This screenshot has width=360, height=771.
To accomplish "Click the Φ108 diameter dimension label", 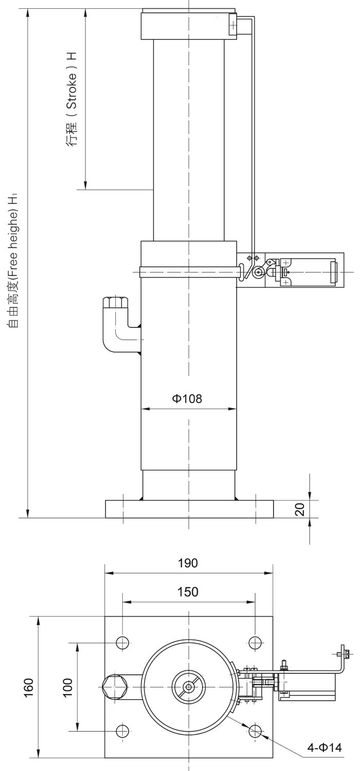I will click(187, 398).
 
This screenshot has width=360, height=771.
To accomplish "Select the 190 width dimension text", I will click(188, 563).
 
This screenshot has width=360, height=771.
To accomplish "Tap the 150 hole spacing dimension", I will click(188, 592).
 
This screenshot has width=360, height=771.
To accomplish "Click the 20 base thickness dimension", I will click(301, 509).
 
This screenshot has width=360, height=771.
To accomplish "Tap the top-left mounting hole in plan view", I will click(122, 642).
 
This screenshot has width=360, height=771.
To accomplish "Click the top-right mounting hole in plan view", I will click(256, 642).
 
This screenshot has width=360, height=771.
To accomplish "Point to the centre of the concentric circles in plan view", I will click(189, 687).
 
